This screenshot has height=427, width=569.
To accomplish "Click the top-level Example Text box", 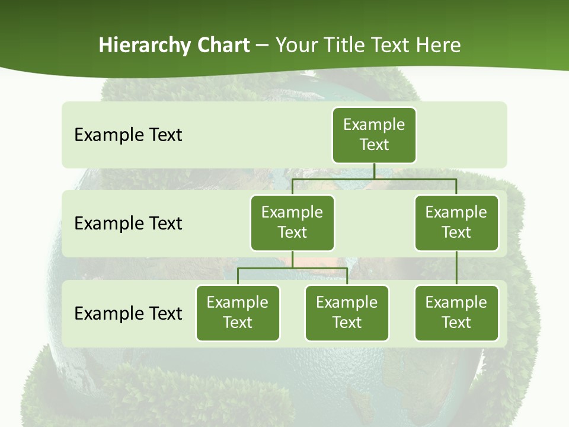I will coord(374,135).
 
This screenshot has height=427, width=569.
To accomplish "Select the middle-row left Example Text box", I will coord(292,222).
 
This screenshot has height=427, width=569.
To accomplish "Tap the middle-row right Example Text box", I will coord(456,222).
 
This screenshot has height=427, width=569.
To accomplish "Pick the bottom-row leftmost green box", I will coord(238,313).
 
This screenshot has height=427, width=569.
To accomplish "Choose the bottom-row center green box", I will coord(347,313).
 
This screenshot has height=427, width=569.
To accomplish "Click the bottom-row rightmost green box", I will coord(456,313).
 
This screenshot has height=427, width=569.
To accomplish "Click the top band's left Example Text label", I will coord(128,135).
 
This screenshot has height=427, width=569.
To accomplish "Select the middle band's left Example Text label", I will coord(128,223).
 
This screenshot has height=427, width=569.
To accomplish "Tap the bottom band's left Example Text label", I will coord(128,313).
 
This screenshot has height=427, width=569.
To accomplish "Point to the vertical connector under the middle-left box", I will coord(292,259).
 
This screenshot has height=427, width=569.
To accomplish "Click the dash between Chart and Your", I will coord(263,45).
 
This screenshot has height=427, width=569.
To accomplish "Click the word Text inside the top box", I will coord(374,145).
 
